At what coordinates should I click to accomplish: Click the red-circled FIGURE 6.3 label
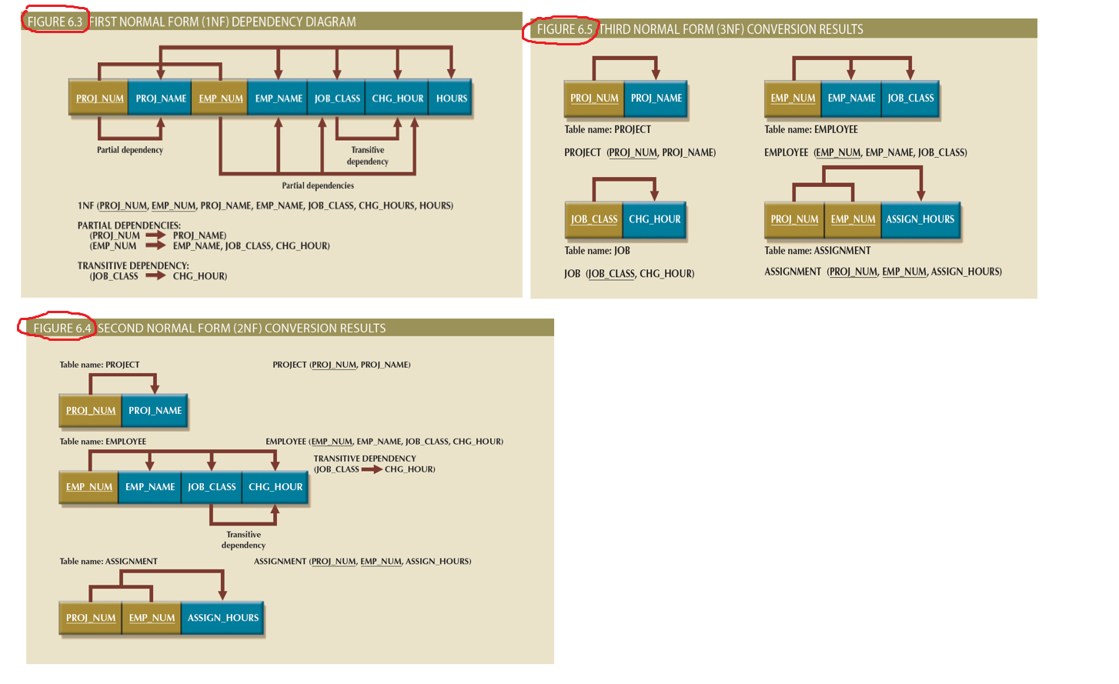(55, 22)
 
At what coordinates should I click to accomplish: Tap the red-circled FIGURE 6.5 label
(564, 29)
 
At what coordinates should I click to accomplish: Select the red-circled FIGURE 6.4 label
(62, 329)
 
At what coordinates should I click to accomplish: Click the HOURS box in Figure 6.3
(451, 98)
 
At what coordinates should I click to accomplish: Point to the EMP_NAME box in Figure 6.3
(279, 98)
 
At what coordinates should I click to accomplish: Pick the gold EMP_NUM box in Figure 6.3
(220, 98)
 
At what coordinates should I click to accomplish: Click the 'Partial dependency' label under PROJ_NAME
(130, 150)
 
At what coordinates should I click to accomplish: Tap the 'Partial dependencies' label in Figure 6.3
(318, 185)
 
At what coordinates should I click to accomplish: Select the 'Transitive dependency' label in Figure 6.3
(368, 156)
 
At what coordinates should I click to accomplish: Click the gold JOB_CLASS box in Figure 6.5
(594, 219)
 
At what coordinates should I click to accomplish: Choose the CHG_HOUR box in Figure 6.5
(654, 219)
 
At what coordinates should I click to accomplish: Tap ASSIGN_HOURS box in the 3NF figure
(920, 219)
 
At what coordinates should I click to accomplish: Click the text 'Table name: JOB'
(597, 251)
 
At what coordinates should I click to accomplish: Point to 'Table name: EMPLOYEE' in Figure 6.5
(810, 129)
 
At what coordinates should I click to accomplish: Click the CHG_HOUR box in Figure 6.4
(276, 487)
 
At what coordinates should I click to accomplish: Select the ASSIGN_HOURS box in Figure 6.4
(223, 618)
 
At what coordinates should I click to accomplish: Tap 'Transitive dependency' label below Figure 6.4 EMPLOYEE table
(243, 540)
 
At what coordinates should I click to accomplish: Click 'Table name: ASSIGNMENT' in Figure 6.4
(109, 562)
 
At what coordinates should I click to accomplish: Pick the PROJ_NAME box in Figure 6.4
(155, 411)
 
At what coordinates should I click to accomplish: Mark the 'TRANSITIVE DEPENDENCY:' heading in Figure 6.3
(133, 265)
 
